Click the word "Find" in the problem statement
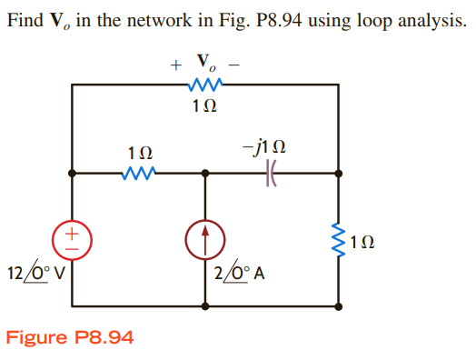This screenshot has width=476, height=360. click(x=26, y=19)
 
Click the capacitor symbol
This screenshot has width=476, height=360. click(x=270, y=171)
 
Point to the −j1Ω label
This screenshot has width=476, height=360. click(x=269, y=147)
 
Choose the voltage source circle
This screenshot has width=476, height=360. click(x=72, y=238)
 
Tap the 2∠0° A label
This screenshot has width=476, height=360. click(x=239, y=272)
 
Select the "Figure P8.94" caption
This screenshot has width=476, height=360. click(x=70, y=337)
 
